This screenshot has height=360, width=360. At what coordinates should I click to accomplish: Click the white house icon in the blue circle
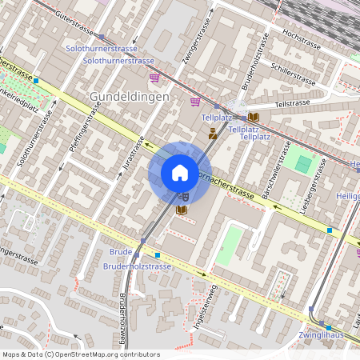180,172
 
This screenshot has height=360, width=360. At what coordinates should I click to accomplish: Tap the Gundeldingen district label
129,96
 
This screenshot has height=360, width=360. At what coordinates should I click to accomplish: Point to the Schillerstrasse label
293,73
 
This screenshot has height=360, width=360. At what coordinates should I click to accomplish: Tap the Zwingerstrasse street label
190,57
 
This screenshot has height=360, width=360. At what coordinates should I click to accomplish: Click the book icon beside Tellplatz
253,116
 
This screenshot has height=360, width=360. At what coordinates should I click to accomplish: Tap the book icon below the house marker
181,210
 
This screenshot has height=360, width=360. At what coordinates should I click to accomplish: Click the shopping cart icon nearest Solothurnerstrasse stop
154,78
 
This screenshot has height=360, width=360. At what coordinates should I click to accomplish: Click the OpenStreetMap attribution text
80,354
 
